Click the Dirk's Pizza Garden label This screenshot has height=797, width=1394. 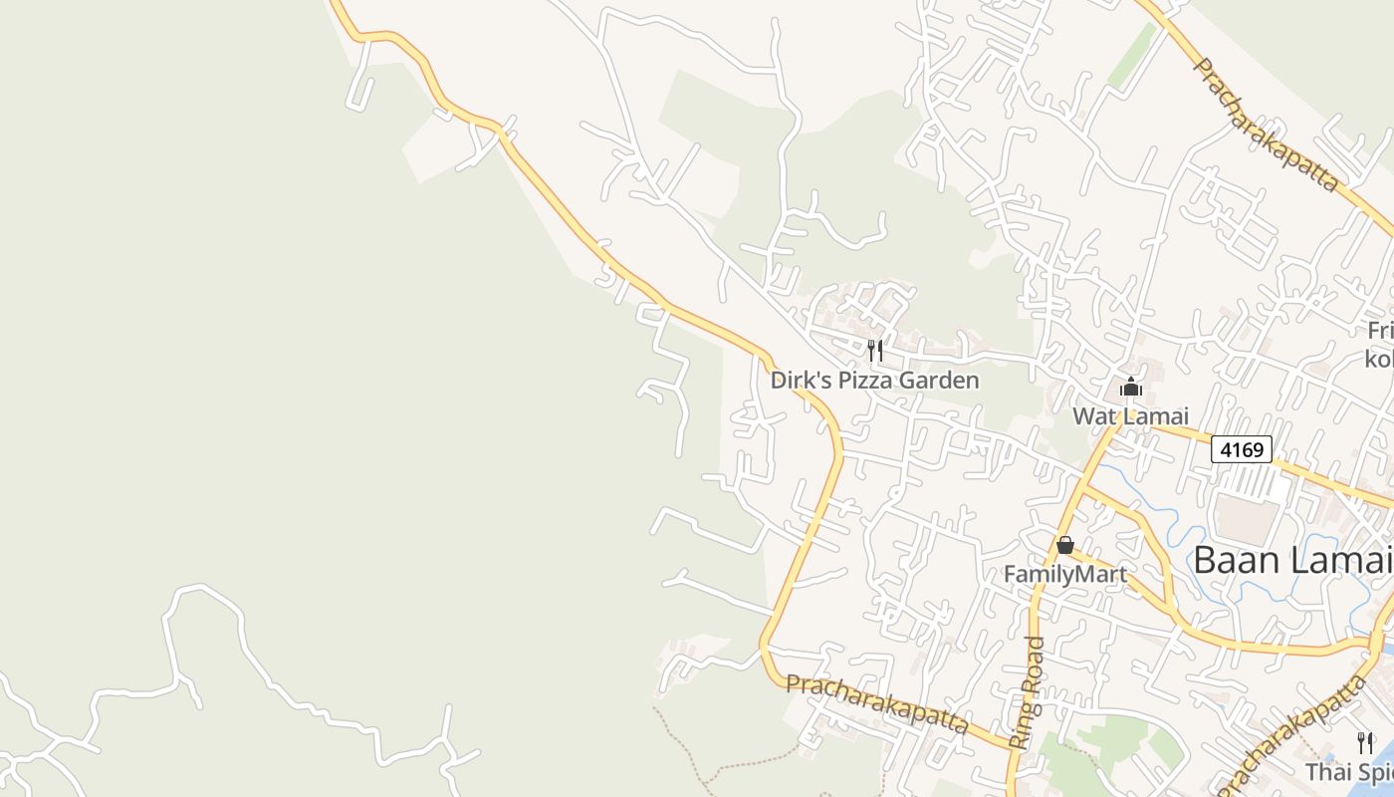(874, 381)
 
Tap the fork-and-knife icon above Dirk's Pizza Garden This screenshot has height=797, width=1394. (875, 350)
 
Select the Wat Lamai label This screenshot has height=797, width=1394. (1130, 415)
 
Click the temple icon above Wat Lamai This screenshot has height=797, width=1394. (1130, 387)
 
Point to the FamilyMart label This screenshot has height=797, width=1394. (1064, 574)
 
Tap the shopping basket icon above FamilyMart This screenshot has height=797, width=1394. (1064, 545)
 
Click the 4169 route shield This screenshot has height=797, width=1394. (1242, 449)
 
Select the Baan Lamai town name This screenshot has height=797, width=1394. (1292, 560)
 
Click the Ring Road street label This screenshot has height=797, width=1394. (1028, 692)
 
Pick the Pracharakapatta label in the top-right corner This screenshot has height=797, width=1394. (1264, 124)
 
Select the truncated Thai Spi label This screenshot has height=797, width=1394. (1349, 772)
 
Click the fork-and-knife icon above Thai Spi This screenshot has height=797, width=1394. (1365, 742)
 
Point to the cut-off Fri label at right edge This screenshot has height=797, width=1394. (1380, 332)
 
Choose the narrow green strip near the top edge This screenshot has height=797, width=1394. (1133, 55)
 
